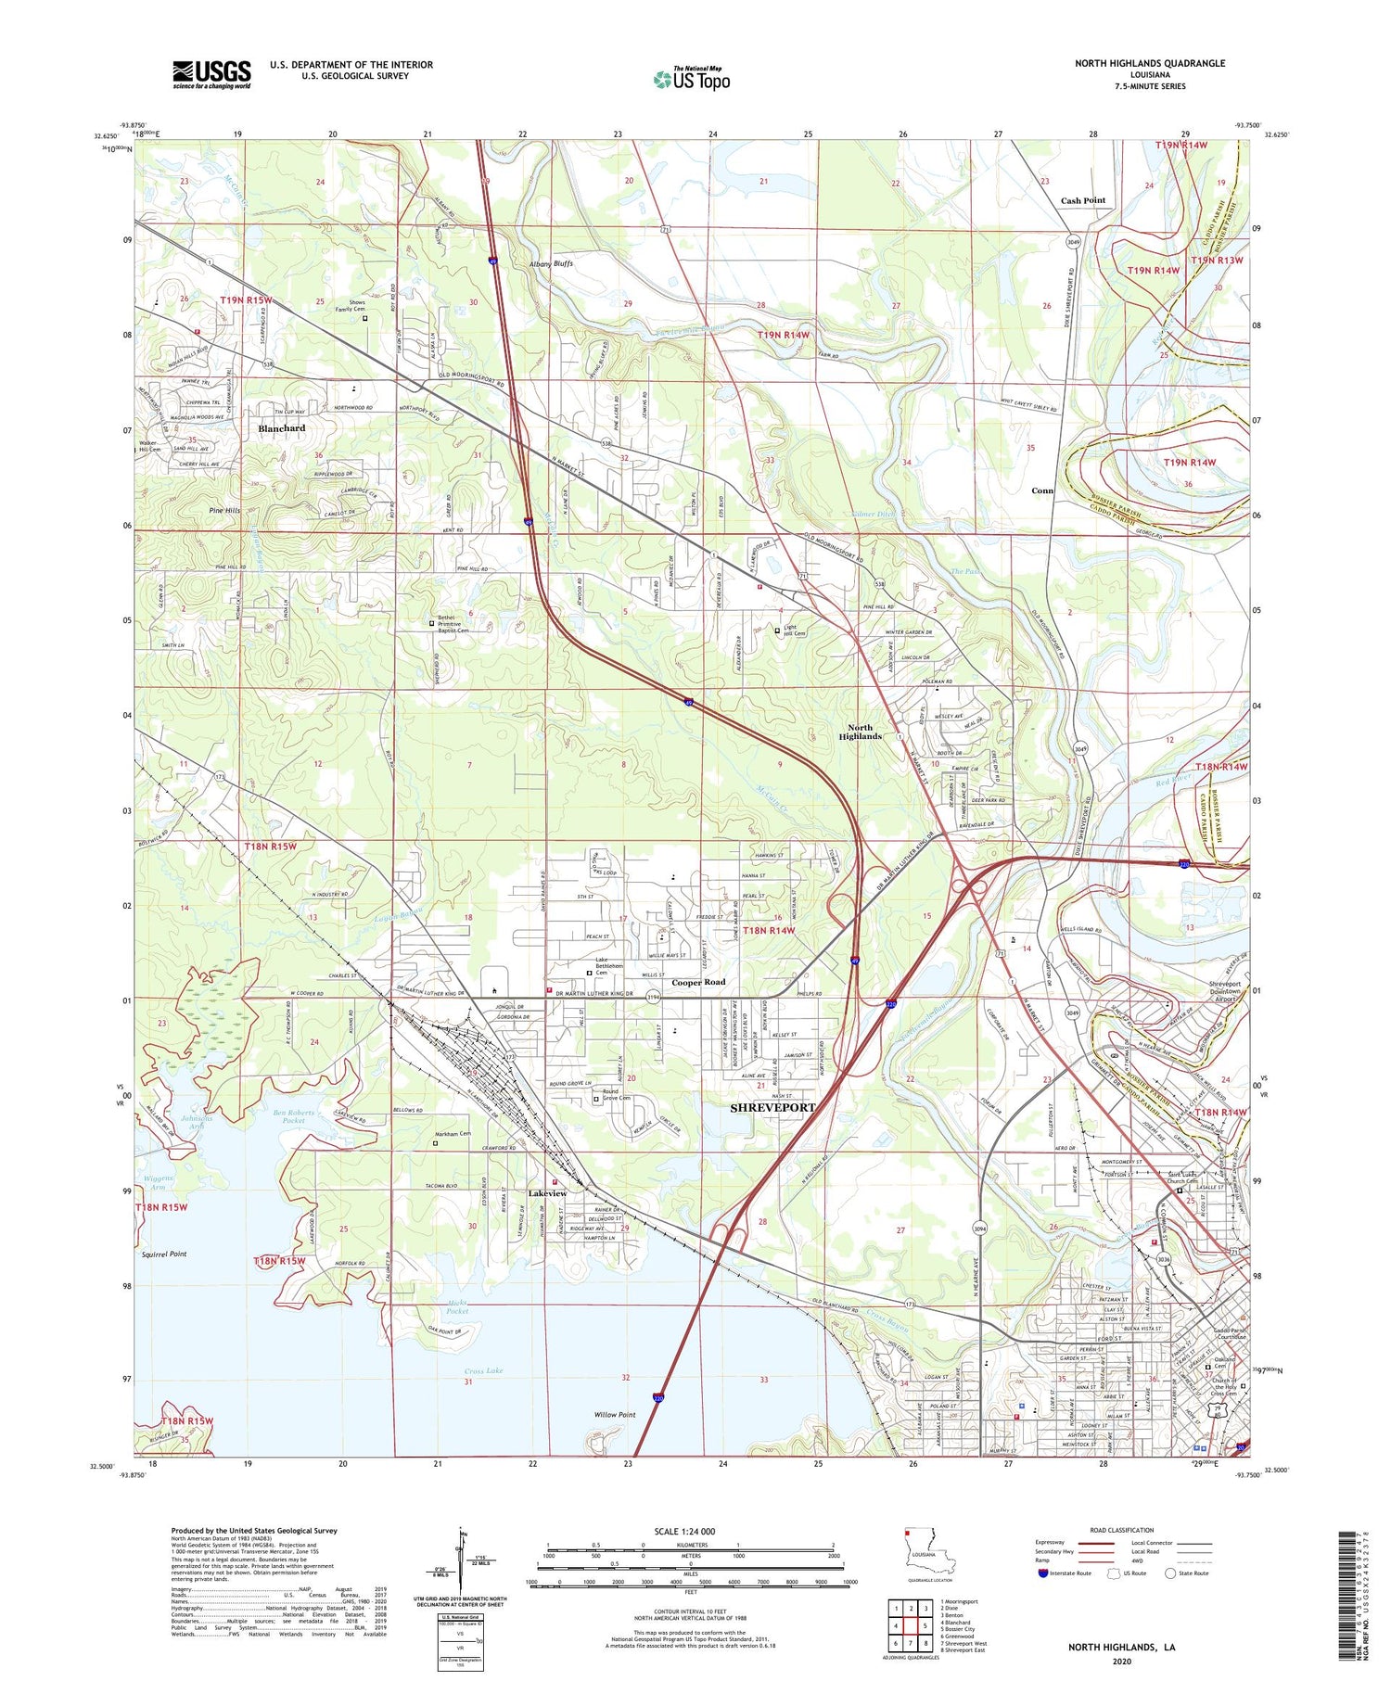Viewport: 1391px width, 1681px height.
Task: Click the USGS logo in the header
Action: point(211,74)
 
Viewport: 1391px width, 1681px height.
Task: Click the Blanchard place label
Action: point(282,428)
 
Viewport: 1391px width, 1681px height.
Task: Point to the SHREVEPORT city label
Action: point(772,1108)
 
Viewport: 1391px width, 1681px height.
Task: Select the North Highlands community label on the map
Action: point(860,732)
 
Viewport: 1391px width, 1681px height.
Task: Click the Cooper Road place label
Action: point(698,982)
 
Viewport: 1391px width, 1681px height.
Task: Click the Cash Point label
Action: point(1083,200)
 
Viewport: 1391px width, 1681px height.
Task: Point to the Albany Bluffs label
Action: point(551,263)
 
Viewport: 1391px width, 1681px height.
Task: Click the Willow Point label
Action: point(615,1415)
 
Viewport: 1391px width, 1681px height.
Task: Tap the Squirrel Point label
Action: point(164,1254)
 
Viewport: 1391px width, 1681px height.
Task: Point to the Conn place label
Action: point(1042,490)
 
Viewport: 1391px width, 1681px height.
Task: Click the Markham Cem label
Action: point(453,1134)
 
